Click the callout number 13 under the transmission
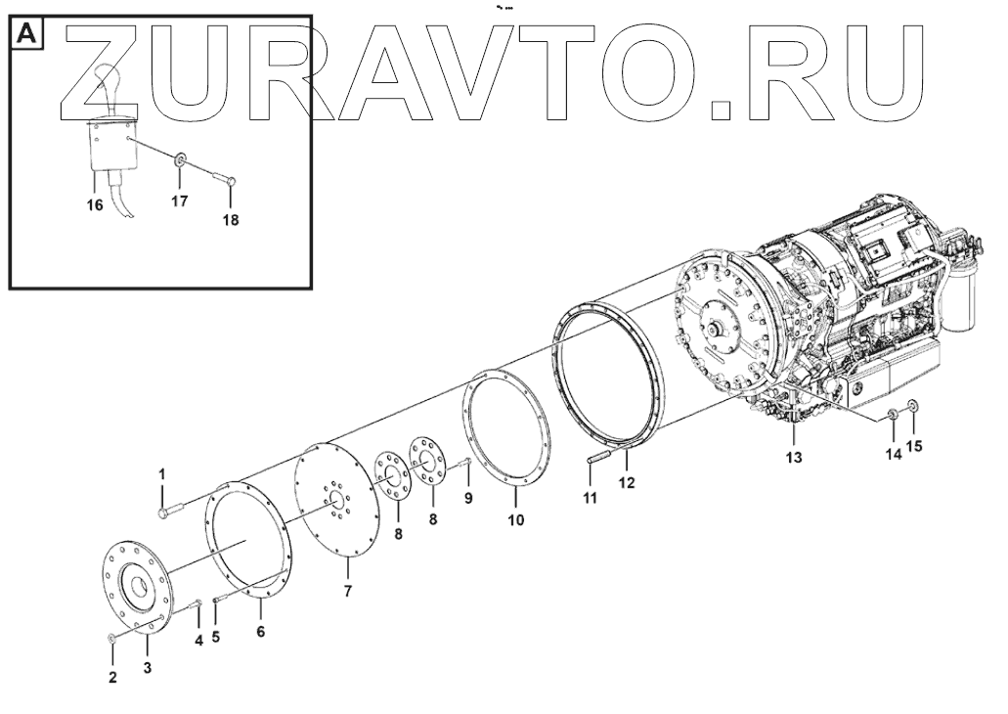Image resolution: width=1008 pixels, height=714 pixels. pos(794,458)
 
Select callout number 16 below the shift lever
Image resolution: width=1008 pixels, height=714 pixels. pos(93,206)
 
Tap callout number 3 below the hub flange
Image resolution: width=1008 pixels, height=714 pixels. pos(148,668)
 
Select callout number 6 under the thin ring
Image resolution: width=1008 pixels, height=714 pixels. pos(260,632)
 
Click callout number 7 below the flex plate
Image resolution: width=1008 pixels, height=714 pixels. pos(347,590)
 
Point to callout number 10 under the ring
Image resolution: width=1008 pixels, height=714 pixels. pos(515,519)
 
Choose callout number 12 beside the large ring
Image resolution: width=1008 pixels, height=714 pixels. pos(626,482)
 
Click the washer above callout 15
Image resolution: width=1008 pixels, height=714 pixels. pos(913,406)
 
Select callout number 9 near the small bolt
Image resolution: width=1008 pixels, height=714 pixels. pos(468,498)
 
